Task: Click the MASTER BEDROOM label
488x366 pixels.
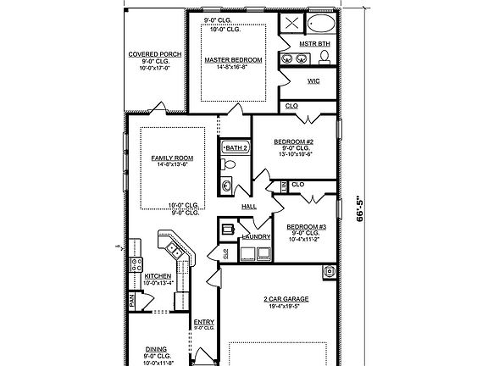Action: click(233, 60)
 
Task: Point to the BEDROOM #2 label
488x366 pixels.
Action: click(294, 141)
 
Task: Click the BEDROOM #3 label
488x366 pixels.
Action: click(306, 227)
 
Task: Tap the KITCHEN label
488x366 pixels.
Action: click(159, 276)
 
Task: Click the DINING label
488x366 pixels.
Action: click(157, 348)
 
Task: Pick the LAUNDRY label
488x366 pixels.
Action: click(256, 237)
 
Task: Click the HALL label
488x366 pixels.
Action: click(249, 206)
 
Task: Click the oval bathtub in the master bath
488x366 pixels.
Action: click(322, 22)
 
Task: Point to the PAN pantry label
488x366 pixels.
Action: click(132, 300)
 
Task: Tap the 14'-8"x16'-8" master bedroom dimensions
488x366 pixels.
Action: click(233, 68)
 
